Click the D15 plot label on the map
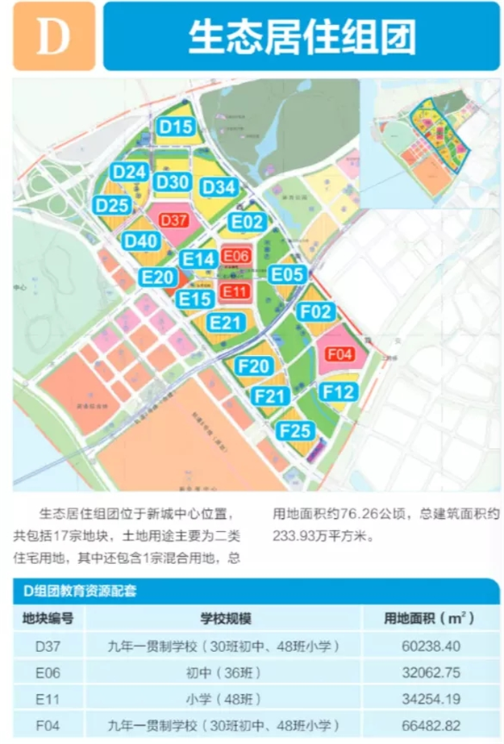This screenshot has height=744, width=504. point(175,127)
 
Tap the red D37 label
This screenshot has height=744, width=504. point(173,220)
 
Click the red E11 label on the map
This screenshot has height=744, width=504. point(235,291)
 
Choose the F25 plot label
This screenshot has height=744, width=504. point(297,431)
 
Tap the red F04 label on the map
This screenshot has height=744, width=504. point(340,353)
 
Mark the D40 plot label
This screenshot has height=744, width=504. point(140,240)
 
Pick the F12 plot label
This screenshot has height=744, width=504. point(339,391)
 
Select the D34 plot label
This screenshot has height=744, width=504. point(219,187)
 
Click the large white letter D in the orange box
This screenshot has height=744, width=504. point(53,36)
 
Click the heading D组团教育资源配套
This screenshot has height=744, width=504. point(80,591)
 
